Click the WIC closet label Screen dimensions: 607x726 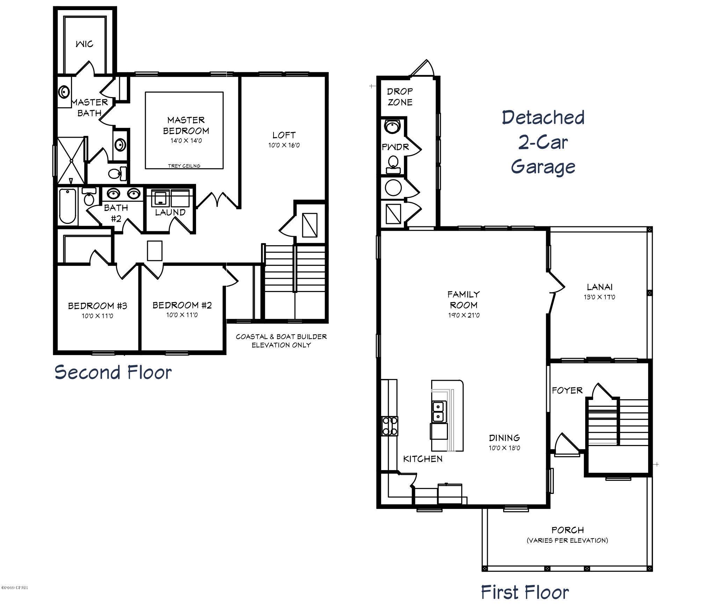pyautogui.click(x=84, y=44)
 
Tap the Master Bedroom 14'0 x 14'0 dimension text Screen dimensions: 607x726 pyautogui.click(x=186, y=141)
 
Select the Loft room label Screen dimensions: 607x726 pyautogui.click(x=284, y=135)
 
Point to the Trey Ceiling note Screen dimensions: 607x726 pyautogui.click(x=184, y=166)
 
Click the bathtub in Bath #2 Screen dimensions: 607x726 pyautogui.click(x=67, y=206)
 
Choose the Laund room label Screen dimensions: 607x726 pyautogui.click(x=170, y=212)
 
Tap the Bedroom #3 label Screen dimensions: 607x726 pyautogui.click(x=97, y=306)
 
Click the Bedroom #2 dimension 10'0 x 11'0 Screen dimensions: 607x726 pyautogui.click(x=182, y=315)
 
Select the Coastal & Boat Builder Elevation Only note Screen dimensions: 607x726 pyautogui.click(x=281, y=341)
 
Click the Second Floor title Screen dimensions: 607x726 pyautogui.click(x=113, y=372)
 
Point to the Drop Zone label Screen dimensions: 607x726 pyautogui.click(x=400, y=97)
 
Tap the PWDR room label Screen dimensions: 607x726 pyautogui.click(x=395, y=147)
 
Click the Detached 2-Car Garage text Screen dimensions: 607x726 pyautogui.click(x=543, y=142)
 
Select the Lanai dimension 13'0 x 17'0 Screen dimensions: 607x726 pyautogui.click(x=600, y=297)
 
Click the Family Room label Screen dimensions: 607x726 pyautogui.click(x=464, y=299)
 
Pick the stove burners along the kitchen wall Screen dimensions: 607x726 pyautogui.click(x=390, y=426)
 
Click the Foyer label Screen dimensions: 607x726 pyautogui.click(x=567, y=390)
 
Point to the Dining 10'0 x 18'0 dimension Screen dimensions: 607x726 pyautogui.click(x=504, y=448)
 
